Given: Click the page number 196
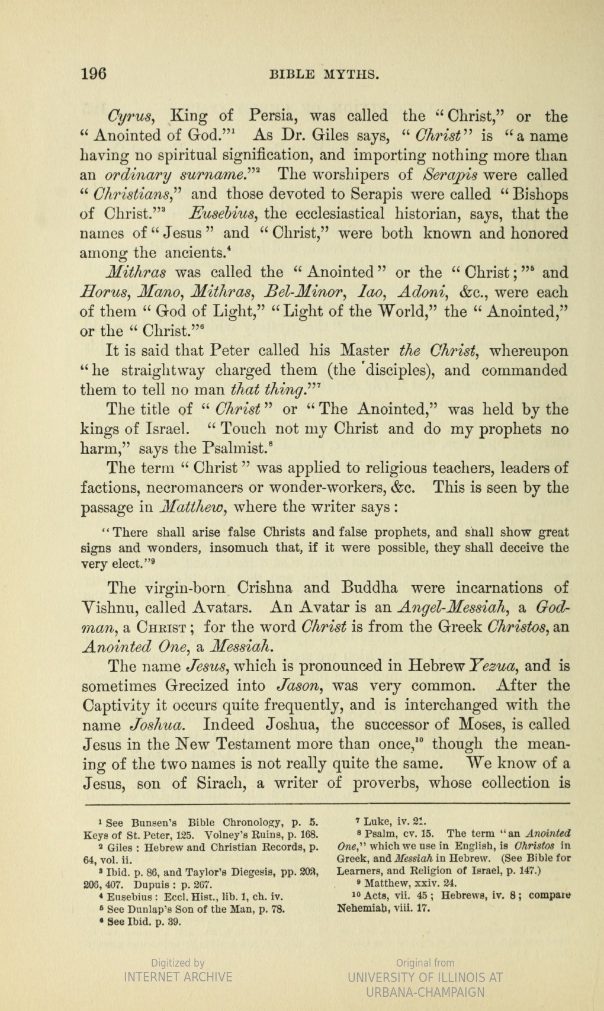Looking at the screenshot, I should tap(93, 73).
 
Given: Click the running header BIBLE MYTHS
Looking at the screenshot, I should tap(324, 75).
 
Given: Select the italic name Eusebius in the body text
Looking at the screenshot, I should tap(224, 213).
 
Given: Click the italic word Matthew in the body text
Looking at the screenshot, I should tap(191, 508).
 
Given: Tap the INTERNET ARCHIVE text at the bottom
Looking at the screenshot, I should tap(178, 977).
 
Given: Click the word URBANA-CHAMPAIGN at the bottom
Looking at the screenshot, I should tap(425, 992).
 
